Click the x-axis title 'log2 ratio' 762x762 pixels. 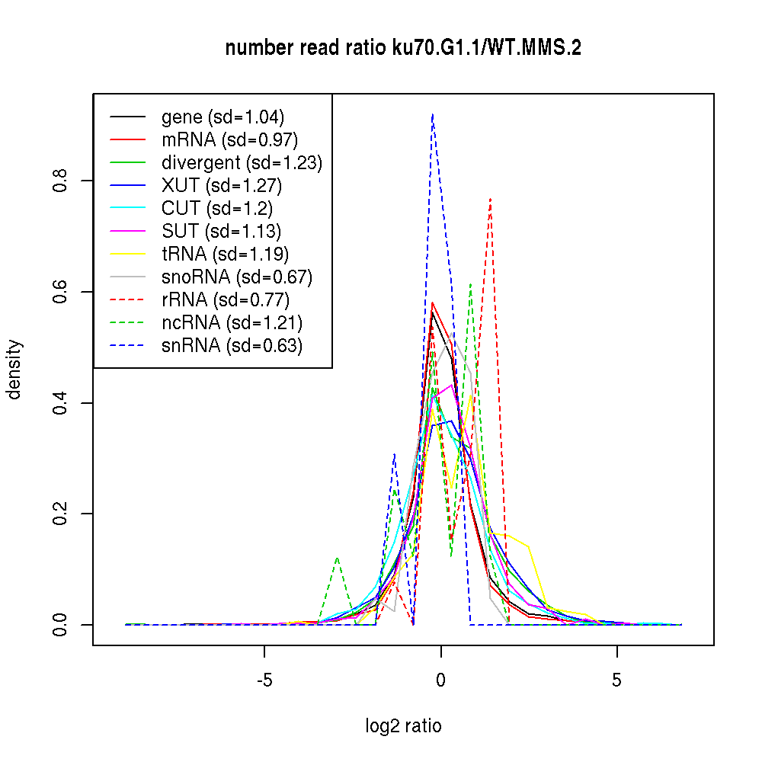[403, 725]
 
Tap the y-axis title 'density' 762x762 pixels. [14, 370]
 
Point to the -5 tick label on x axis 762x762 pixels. [264, 679]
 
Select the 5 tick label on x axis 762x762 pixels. [616, 679]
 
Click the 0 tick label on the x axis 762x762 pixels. [440, 679]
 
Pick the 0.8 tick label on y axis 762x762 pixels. [60, 181]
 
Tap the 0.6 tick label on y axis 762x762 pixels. [60, 292]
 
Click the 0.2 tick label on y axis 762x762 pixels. [60, 514]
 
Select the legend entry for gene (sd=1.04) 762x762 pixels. [223, 117]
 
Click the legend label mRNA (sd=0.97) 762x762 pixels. [229, 140]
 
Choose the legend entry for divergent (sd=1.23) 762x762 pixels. [242, 163]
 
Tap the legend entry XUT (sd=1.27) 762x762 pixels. [222, 186]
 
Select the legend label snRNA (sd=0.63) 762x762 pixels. [232, 346]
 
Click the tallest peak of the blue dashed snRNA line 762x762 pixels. [432, 114]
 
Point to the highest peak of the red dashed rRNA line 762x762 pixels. [491, 198]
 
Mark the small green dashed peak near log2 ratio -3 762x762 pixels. [337, 557]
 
